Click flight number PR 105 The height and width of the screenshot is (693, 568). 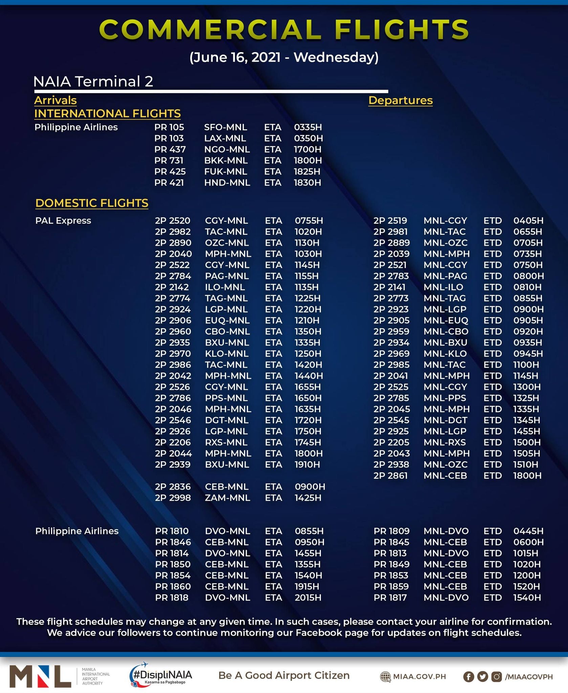click(169, 127)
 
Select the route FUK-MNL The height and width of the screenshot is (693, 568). click(225, 172)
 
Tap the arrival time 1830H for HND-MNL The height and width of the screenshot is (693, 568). click(307, 183)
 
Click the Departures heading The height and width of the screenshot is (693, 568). click(400, 100)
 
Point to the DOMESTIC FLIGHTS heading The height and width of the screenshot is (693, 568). click(92, 203)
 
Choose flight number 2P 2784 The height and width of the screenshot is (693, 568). click(173, 276)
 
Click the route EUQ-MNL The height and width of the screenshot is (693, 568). click(227, 320)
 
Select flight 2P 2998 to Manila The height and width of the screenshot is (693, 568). click(173, 498)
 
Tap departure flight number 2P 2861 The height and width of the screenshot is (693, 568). click(390, 475)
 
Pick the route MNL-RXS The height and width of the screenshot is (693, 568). click(444, 442)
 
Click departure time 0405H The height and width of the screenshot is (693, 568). click(528, 221)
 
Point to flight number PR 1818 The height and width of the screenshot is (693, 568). click(172, 598)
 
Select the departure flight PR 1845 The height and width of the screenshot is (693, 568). click(391, 542)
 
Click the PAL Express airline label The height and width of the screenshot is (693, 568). click(63, 221)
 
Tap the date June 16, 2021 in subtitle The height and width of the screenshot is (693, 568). click(235, 57)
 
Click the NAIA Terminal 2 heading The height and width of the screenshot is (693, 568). click(93, 81)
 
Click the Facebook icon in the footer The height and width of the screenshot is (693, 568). click(468, 676)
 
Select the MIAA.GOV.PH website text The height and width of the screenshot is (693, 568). click(419, 676)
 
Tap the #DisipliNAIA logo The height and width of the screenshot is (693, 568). click(161, 675)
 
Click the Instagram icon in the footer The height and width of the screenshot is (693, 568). click(496, 676)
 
